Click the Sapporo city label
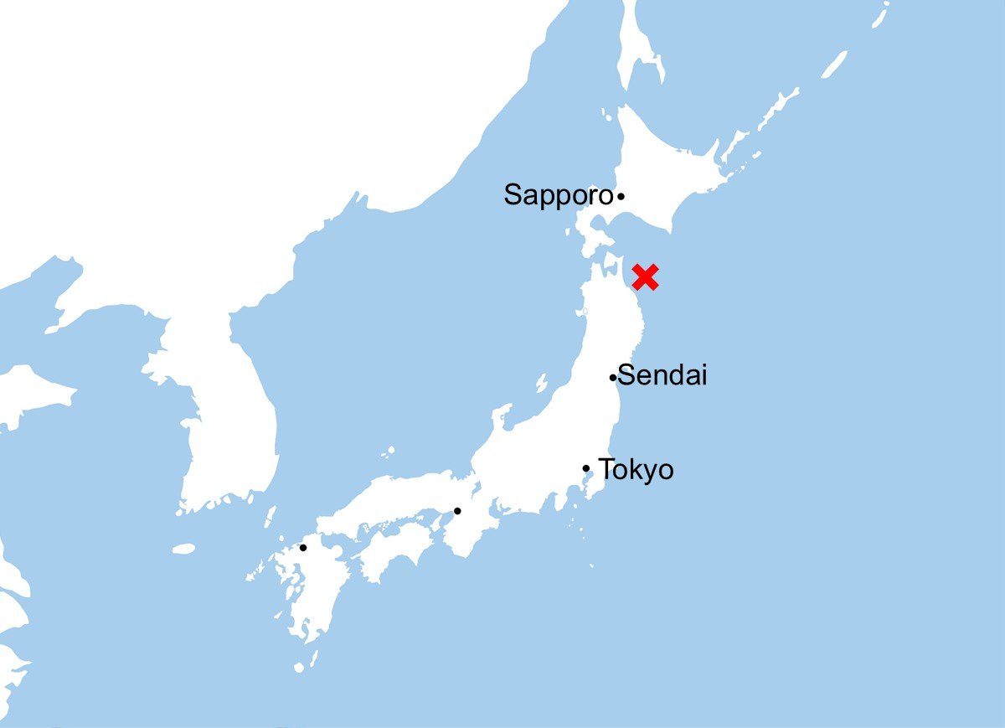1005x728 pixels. pyautogui.click(x=558, y=195)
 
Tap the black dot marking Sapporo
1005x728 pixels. pyautogui.click(x=621, y=197)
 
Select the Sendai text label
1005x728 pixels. pyautogui.click(x=663, y=375)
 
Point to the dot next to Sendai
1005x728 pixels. pyautogui.click(x=613, y=378)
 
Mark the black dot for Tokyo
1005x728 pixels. pyautogui.click(x=586, y=468)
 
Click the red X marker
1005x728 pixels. pyautogui.click(x=646, y=276)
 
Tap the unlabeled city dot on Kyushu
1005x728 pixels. pyautogui.click(x=303, y=548)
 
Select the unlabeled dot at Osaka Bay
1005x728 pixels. pyautogui.click(x=457, y=511)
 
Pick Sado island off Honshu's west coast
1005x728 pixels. pyautogui.click(x=541, y=384)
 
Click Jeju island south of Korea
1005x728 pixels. pyautogui.click(x=183, y=549)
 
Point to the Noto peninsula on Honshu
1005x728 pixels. pyautogui.click(x=501, y=416)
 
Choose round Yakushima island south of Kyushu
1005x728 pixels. pyautogui.click(x=299, y=668)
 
